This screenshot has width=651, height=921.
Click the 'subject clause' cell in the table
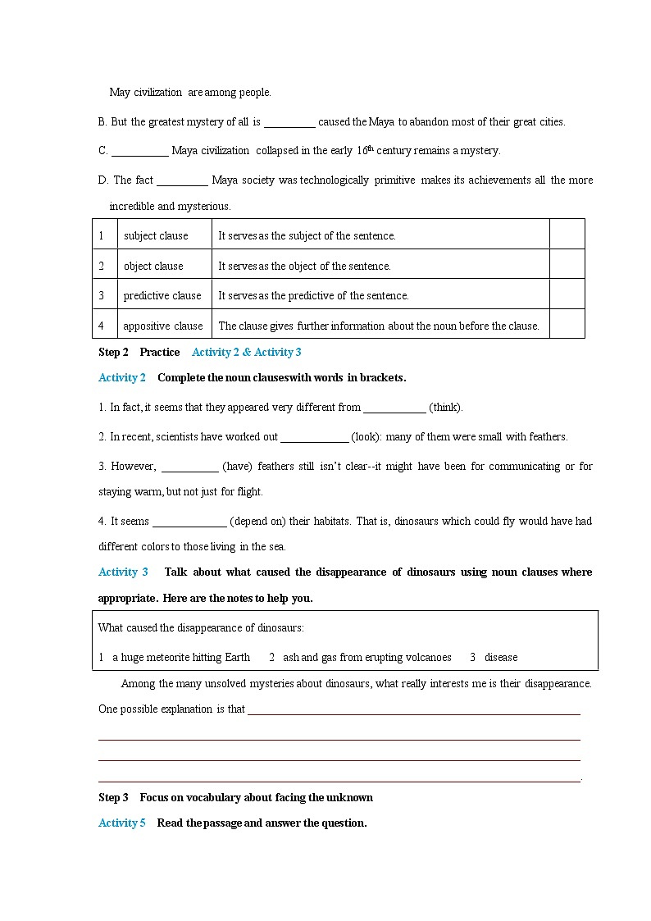pos(156,236)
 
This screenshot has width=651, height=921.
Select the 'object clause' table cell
pos(153,266)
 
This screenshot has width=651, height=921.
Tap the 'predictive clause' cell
pos(162,295)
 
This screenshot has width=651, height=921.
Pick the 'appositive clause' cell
pos(163,326)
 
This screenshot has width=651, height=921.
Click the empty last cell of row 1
pos(567,235)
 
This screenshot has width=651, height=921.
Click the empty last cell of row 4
pos(567,324)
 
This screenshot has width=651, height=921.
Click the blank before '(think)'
pos(394,408)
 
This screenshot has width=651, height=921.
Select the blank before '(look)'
pos(315,437)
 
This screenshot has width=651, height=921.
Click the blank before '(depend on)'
pos(189,522)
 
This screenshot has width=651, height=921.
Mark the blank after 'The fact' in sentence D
pos(182,180)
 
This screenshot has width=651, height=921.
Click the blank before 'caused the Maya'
pos(289,122)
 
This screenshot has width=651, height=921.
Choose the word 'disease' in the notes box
pos(501,657)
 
